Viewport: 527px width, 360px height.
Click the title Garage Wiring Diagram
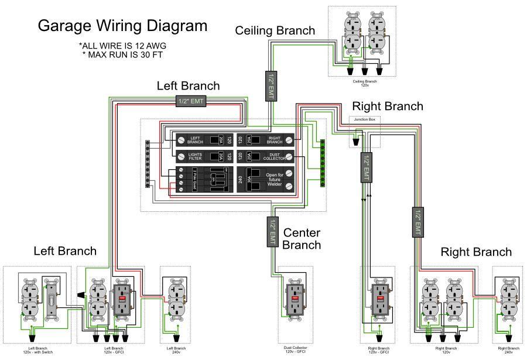coord(122,26)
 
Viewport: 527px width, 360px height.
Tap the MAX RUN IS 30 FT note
coord(122,55)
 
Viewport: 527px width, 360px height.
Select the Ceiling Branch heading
coord(275,30)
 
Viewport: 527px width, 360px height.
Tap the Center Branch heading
coord(302,239)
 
